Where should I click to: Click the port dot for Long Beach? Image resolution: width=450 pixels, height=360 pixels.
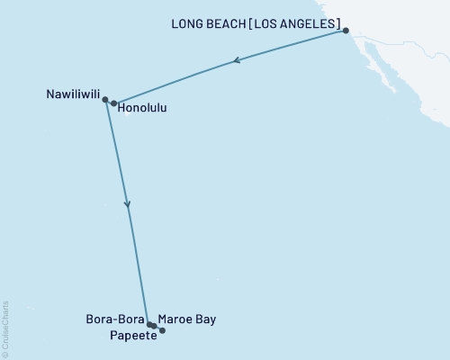[346, 31]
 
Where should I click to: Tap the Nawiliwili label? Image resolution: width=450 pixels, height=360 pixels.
[72, 93]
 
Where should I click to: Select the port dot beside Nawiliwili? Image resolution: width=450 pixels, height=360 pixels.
[105, 100]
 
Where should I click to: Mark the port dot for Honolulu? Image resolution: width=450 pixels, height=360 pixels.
[113, 103]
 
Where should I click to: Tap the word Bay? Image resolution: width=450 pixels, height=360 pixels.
[205, 319]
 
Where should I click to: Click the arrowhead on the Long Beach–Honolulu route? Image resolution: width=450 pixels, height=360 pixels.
[236, 61]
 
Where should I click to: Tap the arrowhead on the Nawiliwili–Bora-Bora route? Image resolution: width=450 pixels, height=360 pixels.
[128, 205]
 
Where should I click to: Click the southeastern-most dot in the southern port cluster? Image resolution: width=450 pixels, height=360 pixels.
[162, 330]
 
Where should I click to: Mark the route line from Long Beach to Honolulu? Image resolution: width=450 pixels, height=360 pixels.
[288, 48]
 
